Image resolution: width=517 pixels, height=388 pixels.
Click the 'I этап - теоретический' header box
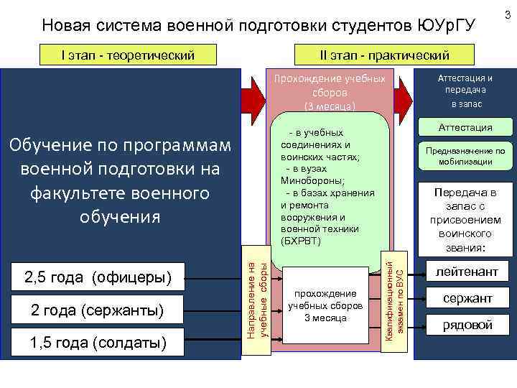tap(128, 54)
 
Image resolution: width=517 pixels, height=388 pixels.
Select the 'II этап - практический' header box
tap(385, 55)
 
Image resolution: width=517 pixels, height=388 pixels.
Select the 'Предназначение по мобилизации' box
tap(465, 157)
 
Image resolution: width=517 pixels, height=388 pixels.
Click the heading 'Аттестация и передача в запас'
tap(465, 91)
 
